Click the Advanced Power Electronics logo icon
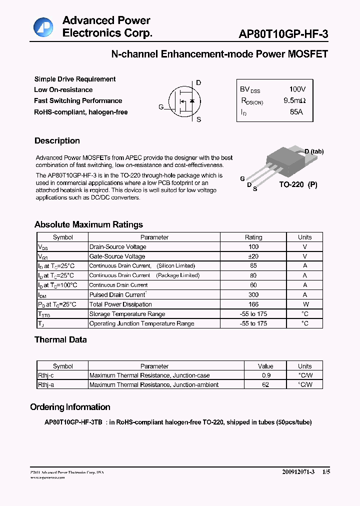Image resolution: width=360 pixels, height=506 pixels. pos(43,27)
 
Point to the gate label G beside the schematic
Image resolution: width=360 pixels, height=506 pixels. pos(161,107)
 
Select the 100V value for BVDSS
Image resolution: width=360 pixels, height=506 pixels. pos(297,89)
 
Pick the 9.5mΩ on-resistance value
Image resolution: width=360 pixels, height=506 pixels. pos(294,100)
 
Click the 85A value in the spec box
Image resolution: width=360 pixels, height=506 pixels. pos(296,112)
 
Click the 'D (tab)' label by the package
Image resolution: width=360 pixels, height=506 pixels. pos(313,151)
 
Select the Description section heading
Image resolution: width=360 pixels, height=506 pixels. pos(57,141)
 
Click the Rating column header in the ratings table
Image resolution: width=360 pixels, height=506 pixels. pos(253,237)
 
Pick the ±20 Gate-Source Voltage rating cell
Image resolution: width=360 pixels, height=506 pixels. pos(253,256)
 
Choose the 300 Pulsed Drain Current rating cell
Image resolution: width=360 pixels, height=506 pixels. pos(253,295)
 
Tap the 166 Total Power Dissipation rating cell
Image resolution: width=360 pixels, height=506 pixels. pos(253,304)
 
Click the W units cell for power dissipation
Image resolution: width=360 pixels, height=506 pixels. pos(304,304)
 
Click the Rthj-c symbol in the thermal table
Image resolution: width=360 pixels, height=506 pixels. pos(47,375)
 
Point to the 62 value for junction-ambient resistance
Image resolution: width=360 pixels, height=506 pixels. pos(265,385)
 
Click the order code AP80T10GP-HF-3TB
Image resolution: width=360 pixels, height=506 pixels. pos(73,422)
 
